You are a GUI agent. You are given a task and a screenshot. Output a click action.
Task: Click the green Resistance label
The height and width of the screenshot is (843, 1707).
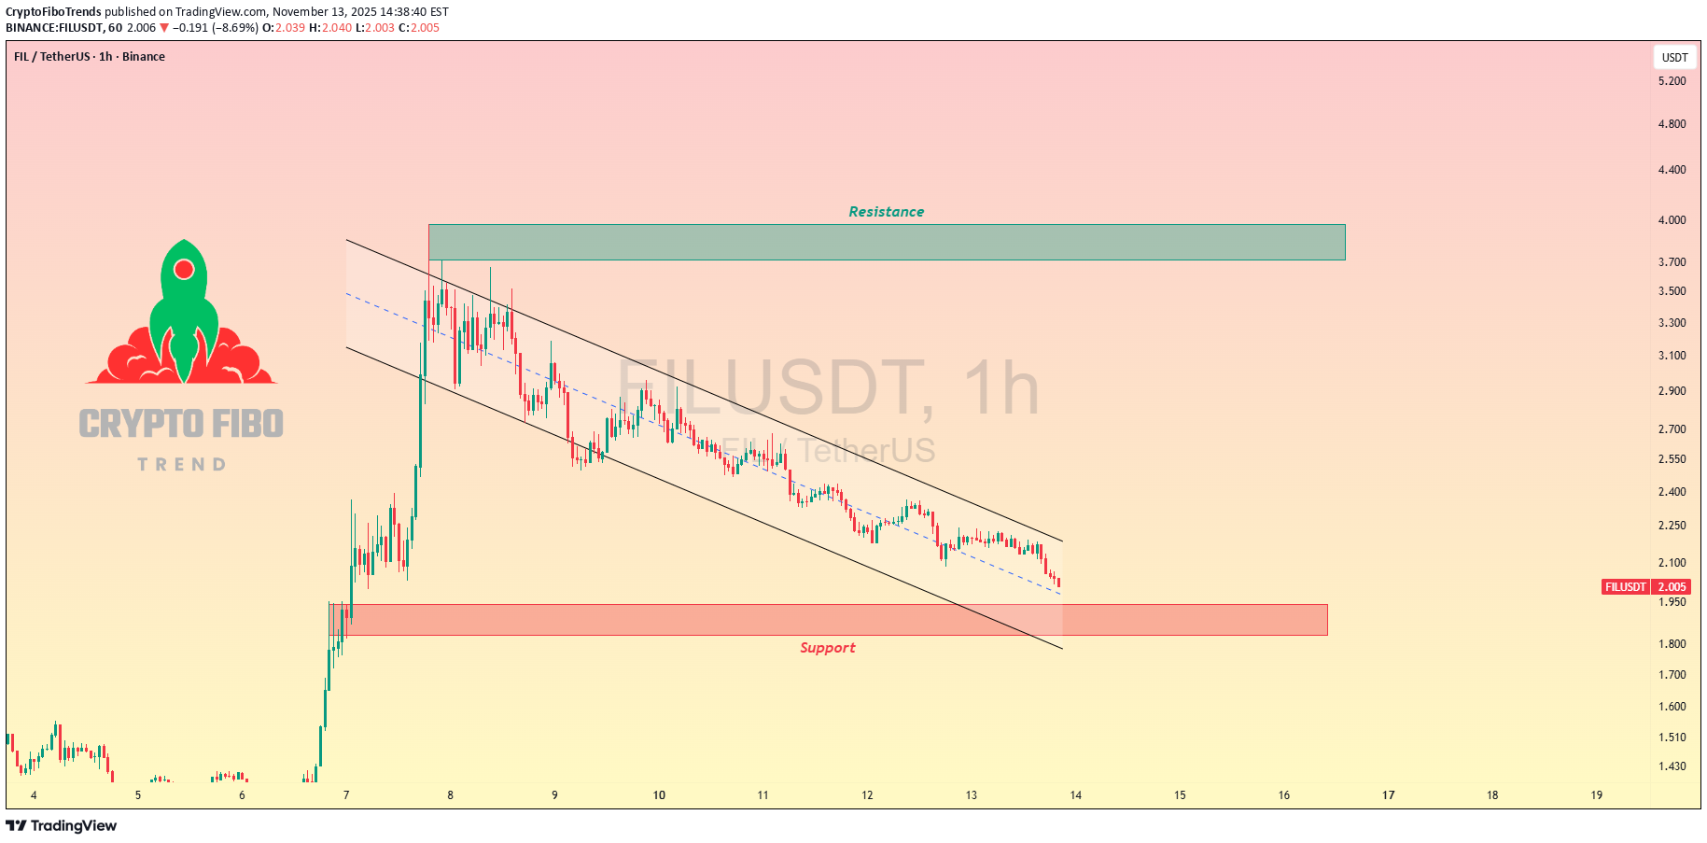(886, 212)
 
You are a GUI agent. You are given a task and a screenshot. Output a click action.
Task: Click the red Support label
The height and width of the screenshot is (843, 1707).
(827, 648)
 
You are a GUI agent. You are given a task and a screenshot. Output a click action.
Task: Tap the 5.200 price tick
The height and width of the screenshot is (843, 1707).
(1672, 81)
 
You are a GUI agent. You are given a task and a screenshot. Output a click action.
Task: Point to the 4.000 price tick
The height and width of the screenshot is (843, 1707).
(1672, 220)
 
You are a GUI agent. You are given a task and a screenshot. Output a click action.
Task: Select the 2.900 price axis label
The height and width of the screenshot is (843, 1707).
(1672, 391)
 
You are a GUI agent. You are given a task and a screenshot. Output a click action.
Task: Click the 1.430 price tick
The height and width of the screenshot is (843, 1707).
(1672, 766)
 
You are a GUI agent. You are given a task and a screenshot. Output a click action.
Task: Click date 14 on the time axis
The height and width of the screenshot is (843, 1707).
(1075, 795)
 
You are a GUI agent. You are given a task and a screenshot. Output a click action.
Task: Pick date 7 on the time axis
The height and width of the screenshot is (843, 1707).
(346, 795)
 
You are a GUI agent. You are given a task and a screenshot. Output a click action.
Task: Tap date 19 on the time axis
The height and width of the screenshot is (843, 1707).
(1596, 795)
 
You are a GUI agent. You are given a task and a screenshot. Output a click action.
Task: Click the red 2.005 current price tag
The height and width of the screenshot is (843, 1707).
(1672, 587)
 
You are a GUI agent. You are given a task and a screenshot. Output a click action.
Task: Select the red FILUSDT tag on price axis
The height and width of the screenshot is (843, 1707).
(1625, 587)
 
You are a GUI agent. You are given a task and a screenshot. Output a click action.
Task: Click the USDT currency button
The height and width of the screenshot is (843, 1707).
(1674, 58)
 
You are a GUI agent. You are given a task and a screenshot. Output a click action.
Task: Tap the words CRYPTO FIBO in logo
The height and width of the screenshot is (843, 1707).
(181, 424)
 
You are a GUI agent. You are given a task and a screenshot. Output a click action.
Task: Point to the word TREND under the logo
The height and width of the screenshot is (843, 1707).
(181, 465)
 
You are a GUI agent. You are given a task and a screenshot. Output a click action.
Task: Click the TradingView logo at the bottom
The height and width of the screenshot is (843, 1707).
(62, 826)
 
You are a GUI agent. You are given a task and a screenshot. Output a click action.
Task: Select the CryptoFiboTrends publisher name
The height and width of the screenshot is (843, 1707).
(53, 12)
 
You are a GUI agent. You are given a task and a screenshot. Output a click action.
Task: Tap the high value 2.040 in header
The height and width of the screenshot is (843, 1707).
(337, 28)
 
